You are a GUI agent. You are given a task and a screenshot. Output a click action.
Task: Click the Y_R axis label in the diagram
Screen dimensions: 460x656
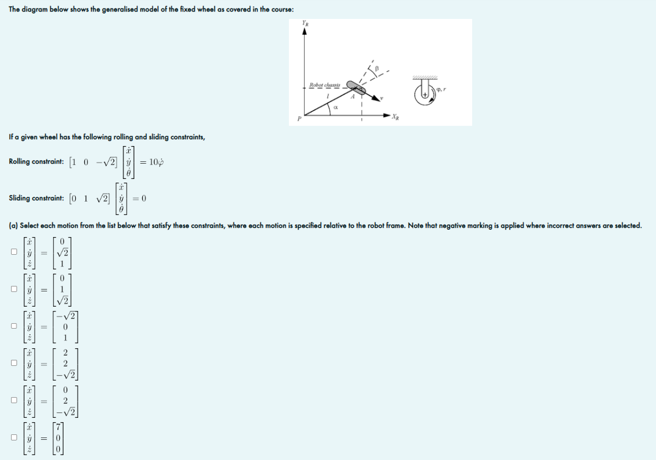point(305,23)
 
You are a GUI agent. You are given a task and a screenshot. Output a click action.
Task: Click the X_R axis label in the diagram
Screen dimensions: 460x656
point(395,115)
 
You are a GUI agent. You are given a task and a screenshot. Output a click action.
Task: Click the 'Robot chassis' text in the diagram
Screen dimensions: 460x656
point(324,84)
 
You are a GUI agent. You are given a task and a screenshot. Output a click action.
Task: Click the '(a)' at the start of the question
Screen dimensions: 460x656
point(13,225)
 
